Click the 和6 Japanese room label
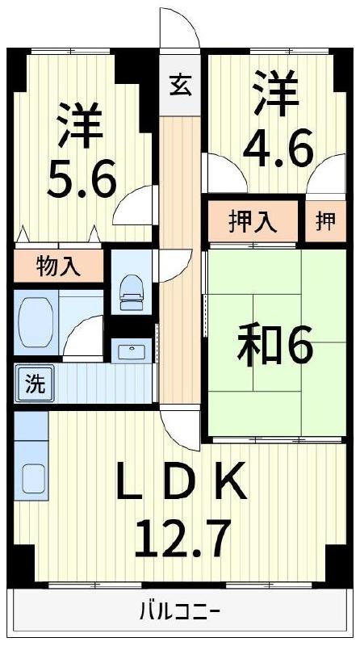tap(274, 347)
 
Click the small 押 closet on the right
tap(324, 220)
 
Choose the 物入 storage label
tap(58, 266)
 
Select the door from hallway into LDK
tap(179, 428)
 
